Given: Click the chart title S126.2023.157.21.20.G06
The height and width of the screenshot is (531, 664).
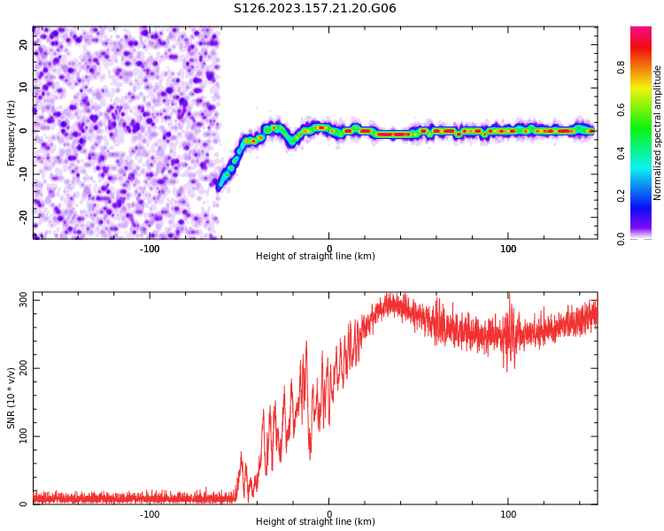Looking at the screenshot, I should coord(314,9).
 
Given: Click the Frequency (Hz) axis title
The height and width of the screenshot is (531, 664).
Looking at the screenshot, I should coord(12,133).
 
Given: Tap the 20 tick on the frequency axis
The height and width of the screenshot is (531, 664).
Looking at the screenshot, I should coord(24,45).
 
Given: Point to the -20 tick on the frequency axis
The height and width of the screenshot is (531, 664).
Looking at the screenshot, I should coord(24,216).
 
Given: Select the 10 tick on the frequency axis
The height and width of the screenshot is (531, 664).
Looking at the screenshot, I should coord(24,88).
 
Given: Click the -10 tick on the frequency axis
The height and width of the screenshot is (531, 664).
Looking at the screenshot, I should coord(24,173).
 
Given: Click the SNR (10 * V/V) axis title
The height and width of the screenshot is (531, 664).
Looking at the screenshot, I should coord(12,397).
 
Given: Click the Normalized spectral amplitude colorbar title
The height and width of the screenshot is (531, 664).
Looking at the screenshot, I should coord(658,133).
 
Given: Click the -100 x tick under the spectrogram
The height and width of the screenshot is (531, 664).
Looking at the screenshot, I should coord(150,249).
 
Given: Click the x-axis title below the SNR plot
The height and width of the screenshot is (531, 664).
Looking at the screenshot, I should coord(315,522).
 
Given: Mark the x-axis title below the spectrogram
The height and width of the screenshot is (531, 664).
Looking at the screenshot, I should coord(315,257).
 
